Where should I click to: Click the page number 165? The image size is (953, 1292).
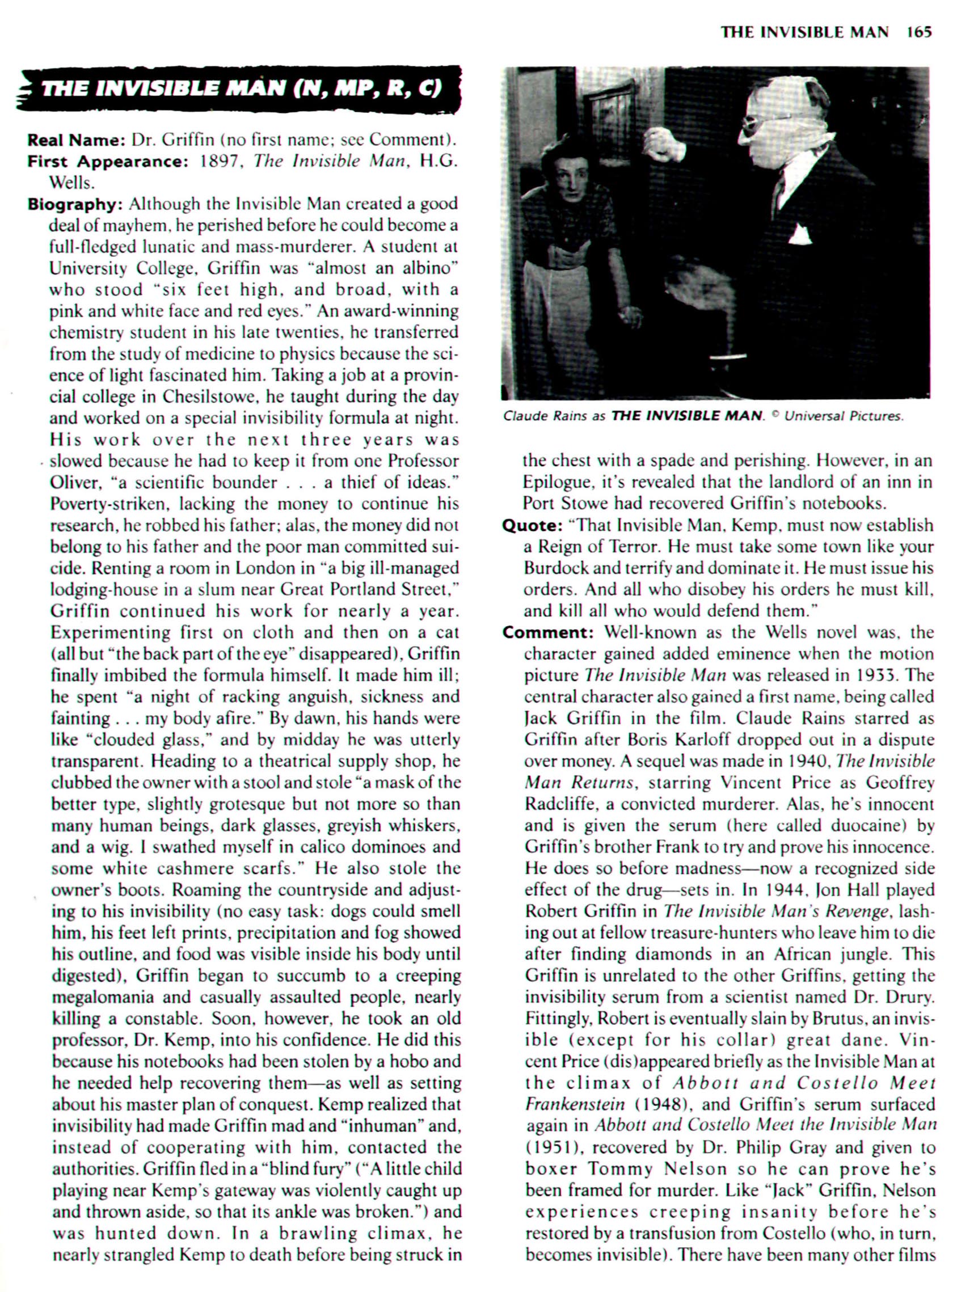click(x=919, y=32)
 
